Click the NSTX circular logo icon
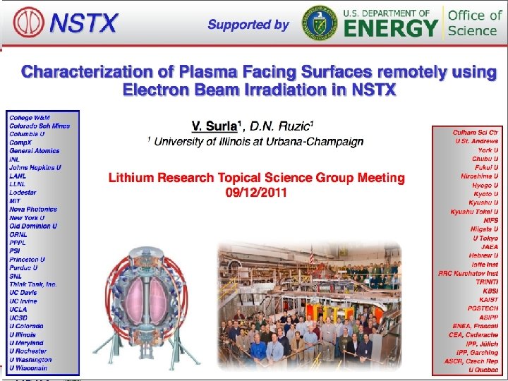26,23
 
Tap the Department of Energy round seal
320,23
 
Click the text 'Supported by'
248,25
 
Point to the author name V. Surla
214,126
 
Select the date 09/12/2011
256,193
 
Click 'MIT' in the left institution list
16,200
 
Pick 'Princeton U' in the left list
28,259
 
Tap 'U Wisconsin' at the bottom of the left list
28,368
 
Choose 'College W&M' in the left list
30,117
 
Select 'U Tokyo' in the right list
485,238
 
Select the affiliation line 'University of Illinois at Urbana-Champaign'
258,142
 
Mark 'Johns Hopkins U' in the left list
35,167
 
